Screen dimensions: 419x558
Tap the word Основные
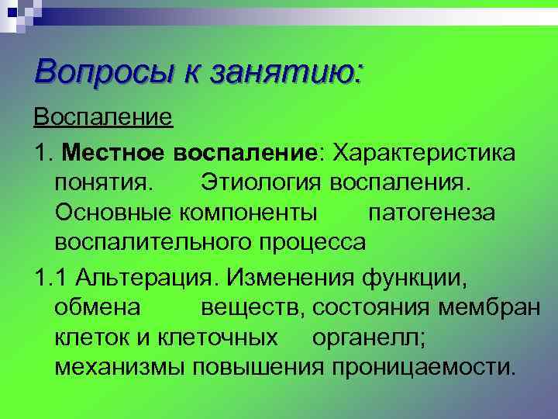coord(114,212)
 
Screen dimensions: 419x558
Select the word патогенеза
coord(431,212)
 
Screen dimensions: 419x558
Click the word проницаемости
coord(422,365)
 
